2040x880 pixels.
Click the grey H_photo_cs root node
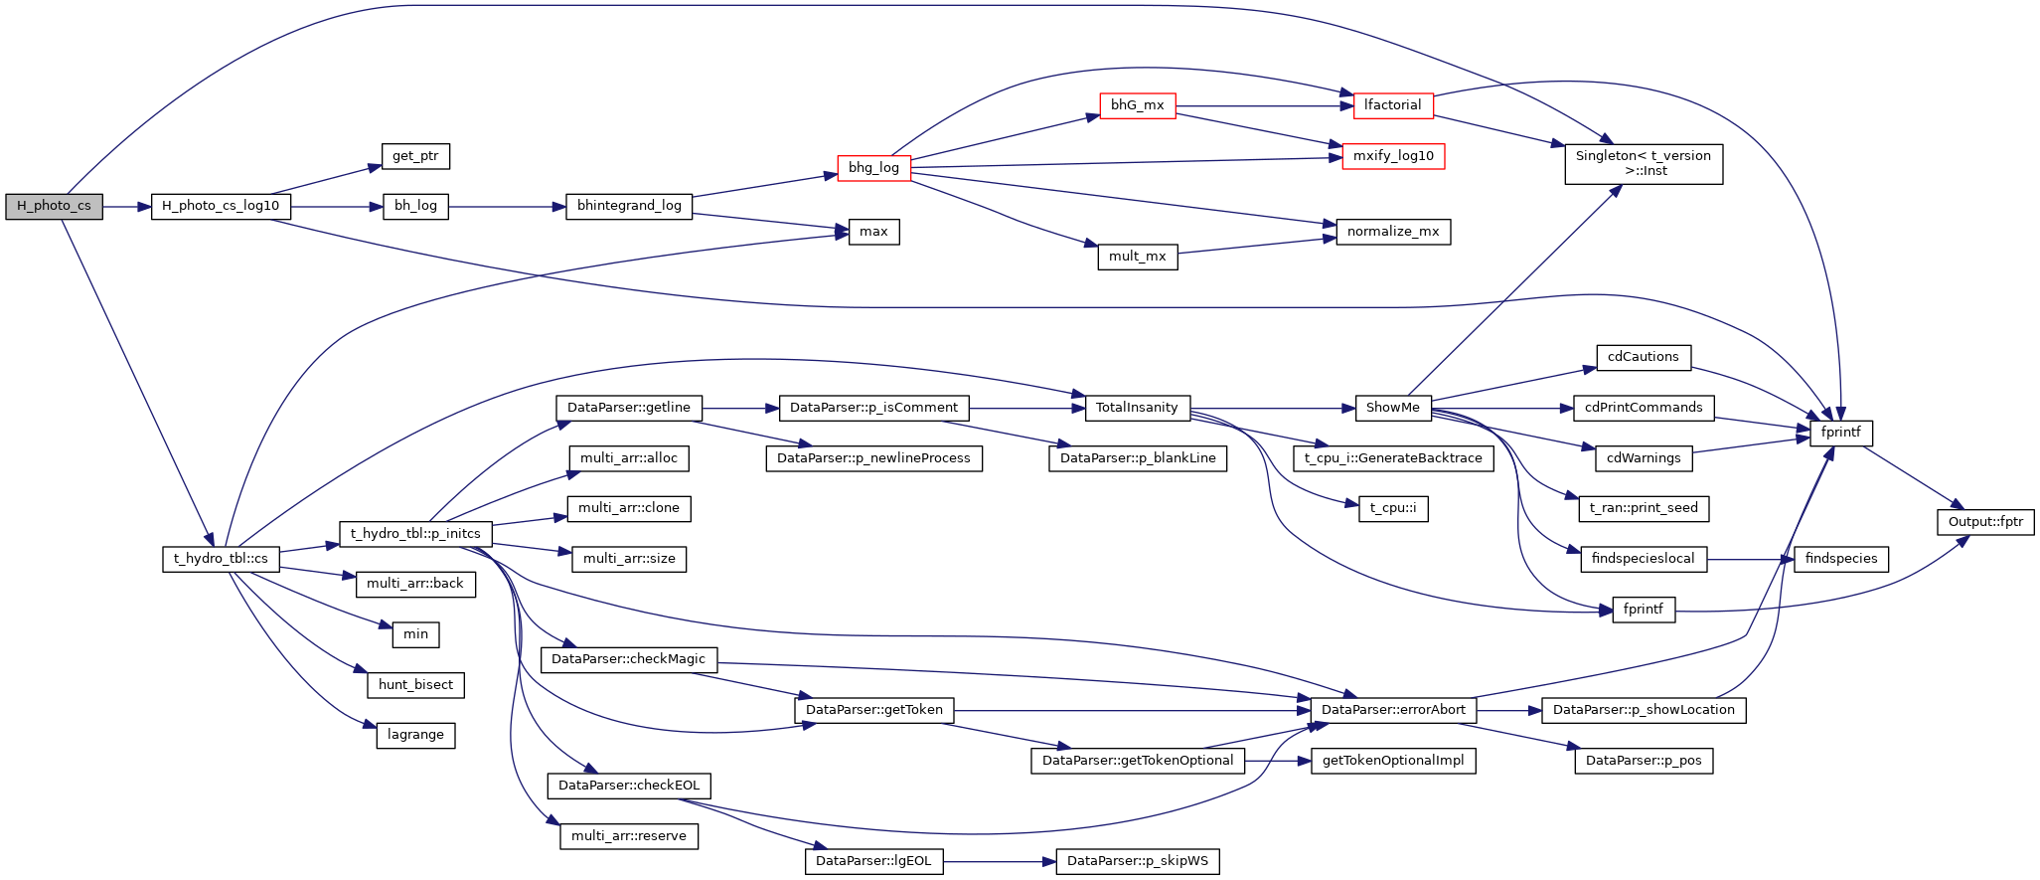pos(54,207)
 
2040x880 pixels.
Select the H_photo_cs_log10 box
pos(221,207)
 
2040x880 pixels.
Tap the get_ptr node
pos(415,156)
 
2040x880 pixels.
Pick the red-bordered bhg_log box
pos(873,168)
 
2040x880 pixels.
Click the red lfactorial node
pos(1392,105)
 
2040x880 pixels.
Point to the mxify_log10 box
pos(1393,157)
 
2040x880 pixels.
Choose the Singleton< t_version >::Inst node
pos(1644,164)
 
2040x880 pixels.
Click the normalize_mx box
pos(1392,232)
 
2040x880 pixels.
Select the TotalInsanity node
pos(1137,408)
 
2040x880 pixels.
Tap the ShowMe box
pos(1392,408)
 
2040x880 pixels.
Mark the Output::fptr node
pos(1985,522)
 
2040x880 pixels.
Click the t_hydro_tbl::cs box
pos(221,559)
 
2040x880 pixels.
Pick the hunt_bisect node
pos(415,685)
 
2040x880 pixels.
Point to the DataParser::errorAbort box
pos(1393,710)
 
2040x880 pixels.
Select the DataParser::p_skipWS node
pos(1137,861)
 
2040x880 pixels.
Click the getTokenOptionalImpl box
pos(1393,761)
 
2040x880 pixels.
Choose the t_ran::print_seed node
pos(1644,508)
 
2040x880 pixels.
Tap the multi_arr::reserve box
pos(628,836)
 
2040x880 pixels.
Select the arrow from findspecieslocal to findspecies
pos(1750,559)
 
